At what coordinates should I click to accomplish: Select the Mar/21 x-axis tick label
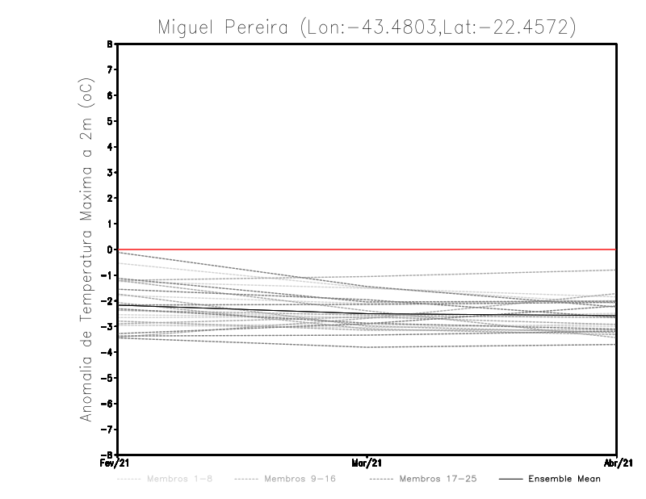367,463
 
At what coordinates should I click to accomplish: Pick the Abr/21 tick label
617,463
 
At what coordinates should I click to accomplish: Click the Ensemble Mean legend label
564,479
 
